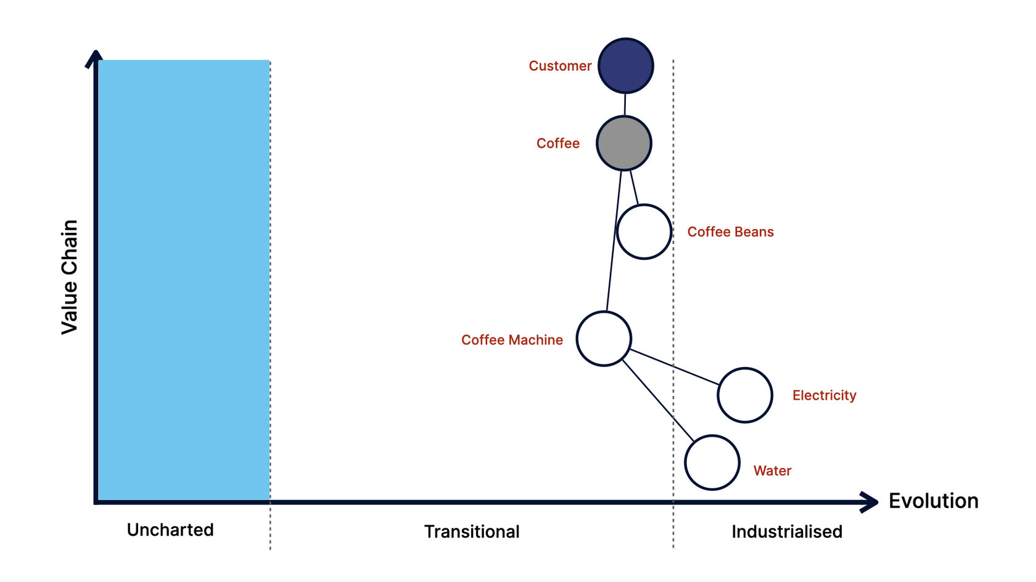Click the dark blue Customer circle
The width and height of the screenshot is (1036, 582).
tap(625, 66)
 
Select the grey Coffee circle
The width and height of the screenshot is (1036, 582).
tap(623, 143)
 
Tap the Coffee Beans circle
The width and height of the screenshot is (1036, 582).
tap(644, 232)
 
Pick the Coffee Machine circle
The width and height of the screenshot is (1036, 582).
tap(604, 339)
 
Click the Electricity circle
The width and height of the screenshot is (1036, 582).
tap(745, 395)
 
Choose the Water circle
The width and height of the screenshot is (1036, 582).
tap(712, 463)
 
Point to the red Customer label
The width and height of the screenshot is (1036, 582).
tap(560, 66)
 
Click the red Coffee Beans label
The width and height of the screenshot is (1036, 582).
tap(730, 232)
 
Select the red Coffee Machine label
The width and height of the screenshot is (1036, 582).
tap(512, 340)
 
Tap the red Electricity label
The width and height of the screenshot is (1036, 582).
tap(824, 395)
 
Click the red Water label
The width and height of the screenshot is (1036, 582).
tap(772, 471)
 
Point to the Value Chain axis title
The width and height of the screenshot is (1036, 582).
tap(70, 277)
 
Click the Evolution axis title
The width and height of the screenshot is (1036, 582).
tap(933, 501)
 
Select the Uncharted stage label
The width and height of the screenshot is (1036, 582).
tap(170, 530)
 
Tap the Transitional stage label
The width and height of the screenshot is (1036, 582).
tap(472, 532)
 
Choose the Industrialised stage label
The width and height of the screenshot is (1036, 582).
tap(787, 532)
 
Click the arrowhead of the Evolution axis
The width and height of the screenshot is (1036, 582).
tap(871, 502)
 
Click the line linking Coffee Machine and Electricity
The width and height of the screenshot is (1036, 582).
tap(674, 367)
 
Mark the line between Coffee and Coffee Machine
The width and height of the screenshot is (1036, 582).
tap(614, 240)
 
